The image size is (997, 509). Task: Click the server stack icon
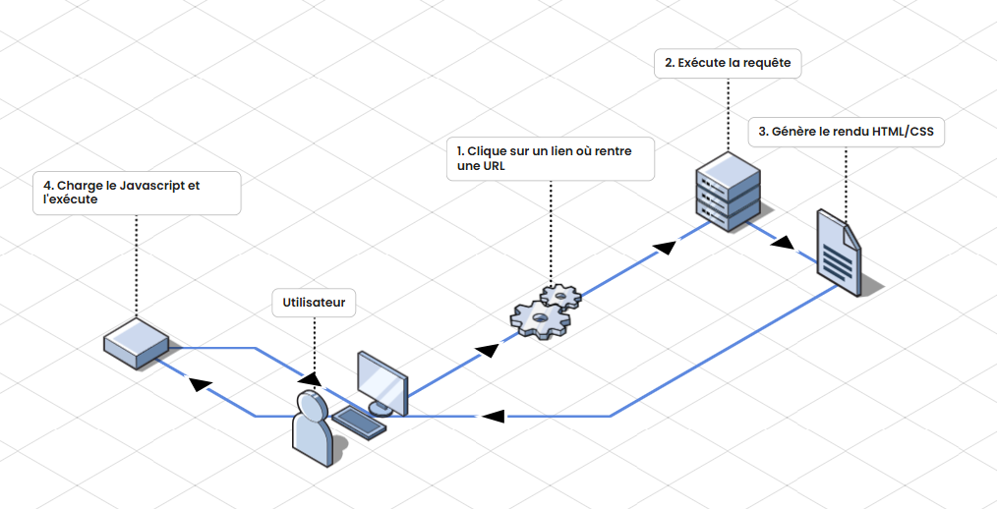[728, 191]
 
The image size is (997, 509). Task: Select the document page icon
[839, 252]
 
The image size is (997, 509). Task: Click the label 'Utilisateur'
[314, 303]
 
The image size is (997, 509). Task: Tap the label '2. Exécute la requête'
[728, 63]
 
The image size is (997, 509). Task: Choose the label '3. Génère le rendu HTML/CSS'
[846, 132]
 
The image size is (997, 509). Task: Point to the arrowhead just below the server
[667, 246]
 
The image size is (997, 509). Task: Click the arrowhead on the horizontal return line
[493, 416]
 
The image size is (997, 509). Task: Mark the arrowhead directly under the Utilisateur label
[310, 379]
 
